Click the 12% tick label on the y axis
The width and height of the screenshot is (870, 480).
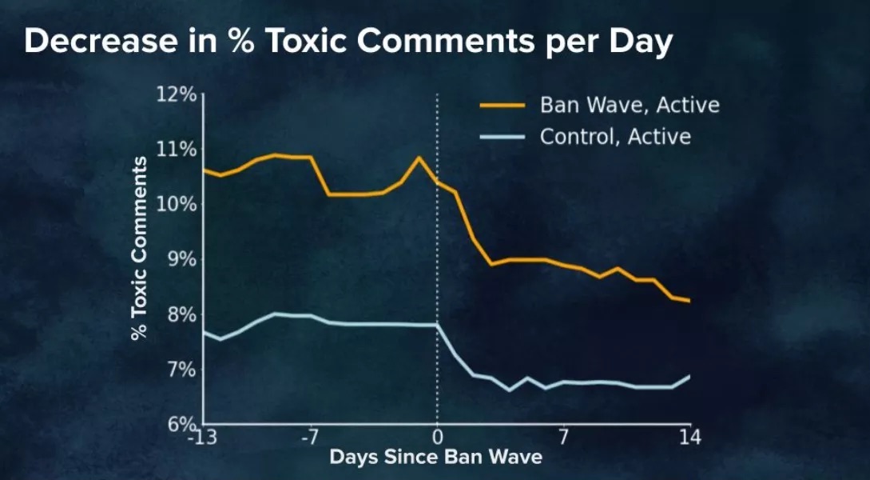tap(176, 94)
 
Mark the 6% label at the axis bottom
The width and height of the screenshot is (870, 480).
tap(179, 424)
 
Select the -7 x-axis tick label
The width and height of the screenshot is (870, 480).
tap(310, 438)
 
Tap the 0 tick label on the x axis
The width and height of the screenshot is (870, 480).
tap(437, 438)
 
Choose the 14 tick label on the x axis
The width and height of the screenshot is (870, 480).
tap(689, 438)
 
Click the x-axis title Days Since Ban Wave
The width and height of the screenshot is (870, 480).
tap(435, 458)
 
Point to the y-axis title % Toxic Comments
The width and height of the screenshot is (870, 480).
tap(139, 248)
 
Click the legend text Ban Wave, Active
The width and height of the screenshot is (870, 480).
tap(630, 105)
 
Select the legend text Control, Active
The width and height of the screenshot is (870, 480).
tap(615, 137)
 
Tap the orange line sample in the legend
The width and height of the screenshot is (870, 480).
tap(502, 106)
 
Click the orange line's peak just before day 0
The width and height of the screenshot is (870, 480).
tap(419, 158)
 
